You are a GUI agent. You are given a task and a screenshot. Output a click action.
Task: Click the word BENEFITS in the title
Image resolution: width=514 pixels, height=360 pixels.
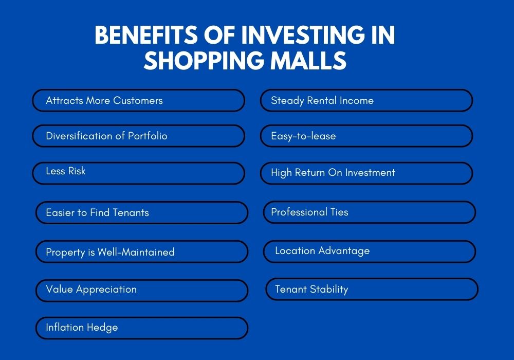146,35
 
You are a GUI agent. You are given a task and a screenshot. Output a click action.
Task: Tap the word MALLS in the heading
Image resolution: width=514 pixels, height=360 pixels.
308,60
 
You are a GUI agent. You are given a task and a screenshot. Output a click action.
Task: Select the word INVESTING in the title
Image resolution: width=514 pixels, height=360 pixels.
303,35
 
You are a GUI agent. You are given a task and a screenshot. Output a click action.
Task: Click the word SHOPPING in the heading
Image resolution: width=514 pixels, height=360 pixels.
204,60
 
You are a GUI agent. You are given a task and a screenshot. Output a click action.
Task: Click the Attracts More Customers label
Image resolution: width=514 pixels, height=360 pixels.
104,100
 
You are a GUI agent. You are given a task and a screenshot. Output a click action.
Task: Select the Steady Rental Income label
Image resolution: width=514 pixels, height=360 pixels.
322,101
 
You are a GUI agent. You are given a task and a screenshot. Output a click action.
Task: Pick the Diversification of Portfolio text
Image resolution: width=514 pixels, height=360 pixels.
106,136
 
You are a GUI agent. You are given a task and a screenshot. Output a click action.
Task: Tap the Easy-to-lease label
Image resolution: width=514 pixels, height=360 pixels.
303,136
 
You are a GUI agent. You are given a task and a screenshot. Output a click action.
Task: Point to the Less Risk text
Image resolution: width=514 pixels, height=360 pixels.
66,171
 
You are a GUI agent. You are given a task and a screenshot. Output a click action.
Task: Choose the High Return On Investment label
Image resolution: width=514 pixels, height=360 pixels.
333,172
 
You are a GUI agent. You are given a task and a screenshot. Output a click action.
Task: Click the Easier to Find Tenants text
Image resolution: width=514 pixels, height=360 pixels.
97,212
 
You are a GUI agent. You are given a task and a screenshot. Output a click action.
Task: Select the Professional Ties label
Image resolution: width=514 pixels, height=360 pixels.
309,212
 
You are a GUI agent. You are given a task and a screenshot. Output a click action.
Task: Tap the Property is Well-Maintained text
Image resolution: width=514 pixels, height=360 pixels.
110,252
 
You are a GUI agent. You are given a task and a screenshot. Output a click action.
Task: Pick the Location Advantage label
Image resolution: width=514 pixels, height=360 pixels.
322,251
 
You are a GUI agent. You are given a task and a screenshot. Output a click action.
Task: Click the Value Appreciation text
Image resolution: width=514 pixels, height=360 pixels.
91,290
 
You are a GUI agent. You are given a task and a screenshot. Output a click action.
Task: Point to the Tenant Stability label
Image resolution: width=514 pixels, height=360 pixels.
311,290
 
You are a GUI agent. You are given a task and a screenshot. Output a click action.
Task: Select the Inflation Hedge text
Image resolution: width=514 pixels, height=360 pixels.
82,328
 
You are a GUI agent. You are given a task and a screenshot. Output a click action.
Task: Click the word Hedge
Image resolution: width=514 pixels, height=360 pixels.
102,328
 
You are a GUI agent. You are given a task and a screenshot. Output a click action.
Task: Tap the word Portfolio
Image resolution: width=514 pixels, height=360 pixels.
148,136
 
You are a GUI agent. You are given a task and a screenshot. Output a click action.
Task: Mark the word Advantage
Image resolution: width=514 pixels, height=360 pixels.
344,251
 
